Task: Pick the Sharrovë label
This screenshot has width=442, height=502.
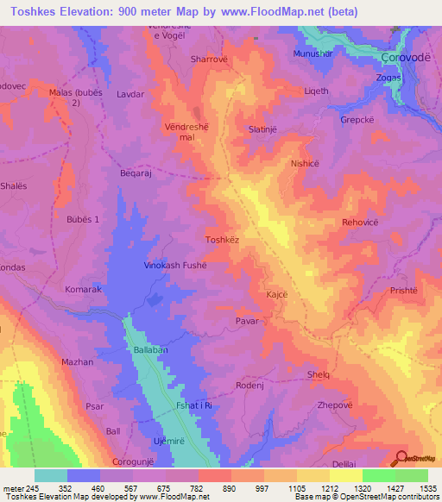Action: pos(207,60)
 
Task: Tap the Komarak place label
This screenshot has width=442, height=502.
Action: pos(84,290)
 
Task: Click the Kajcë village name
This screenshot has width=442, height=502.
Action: pos(277,295)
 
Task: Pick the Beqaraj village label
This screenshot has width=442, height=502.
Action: pos(136,173)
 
